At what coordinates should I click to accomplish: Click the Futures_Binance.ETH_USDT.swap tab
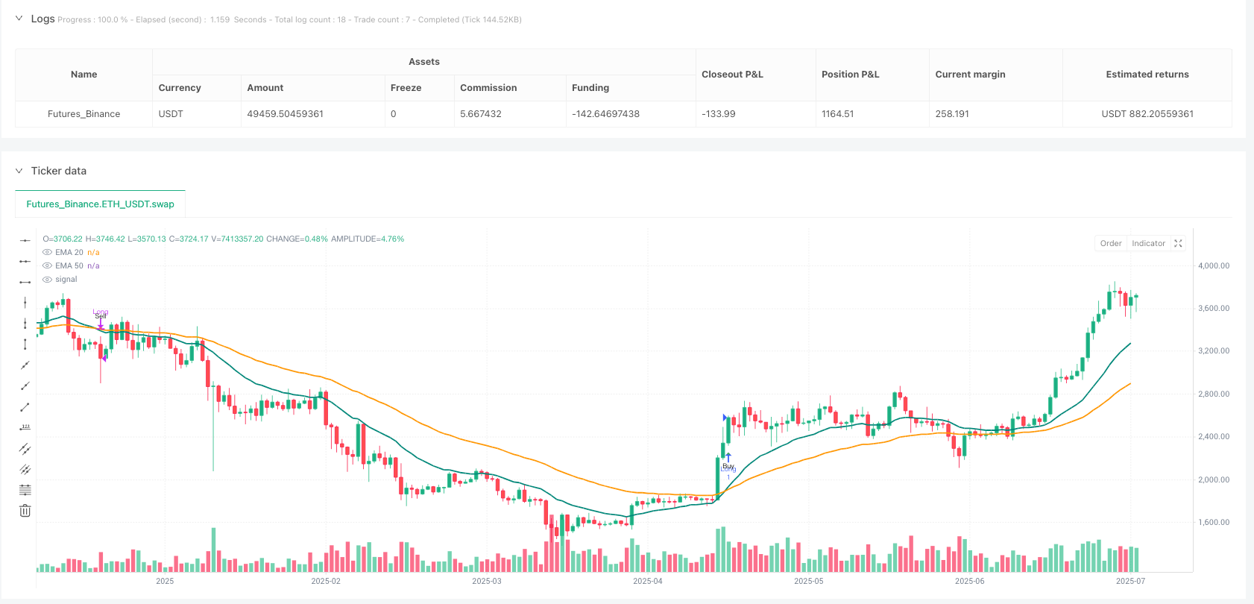[x=100, y=204]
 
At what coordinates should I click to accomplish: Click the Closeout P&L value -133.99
[x=719, y=114]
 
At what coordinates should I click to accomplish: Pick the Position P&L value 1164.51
[x=837, y=114]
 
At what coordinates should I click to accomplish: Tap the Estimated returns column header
[x=1147, y=75]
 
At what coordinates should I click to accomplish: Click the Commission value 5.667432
[x=480, y=114]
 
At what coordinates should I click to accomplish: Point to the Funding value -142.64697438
[x=605, y=114]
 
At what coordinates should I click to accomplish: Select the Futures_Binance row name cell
[x=84, y=114]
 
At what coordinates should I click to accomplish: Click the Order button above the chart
[x=1110, y=243]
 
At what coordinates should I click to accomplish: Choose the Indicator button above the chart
[x=1148, y=243]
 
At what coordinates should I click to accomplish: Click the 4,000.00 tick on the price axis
[x=1213, y=265]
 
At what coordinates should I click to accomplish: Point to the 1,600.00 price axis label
[x=1213, y=522]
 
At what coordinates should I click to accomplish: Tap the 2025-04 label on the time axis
[x=647, y=581]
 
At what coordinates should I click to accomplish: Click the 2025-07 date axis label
[x=1130, y=581]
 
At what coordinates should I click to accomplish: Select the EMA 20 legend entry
[x=69, y=252]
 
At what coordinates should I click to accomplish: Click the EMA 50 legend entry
[x=69, y=265]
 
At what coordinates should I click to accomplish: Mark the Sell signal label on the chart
[x=101, y=316]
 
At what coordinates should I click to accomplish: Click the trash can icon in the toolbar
[x=25, y=511]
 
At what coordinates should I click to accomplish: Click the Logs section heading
[x=42, y=19]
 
